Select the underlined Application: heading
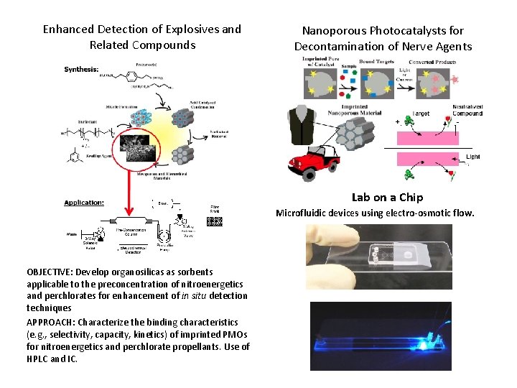pyautogui.click(x=84, y=203)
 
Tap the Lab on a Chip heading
pyautogui.click(x=387, y=197)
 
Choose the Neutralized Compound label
pyautogui.click(x=467, y=110)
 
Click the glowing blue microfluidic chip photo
pyautogui.click(x=381, y=336)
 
